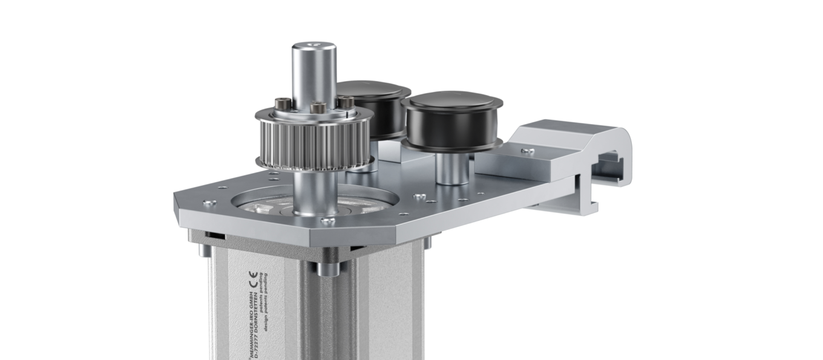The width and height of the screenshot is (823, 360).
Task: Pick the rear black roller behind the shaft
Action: [370, 100]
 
